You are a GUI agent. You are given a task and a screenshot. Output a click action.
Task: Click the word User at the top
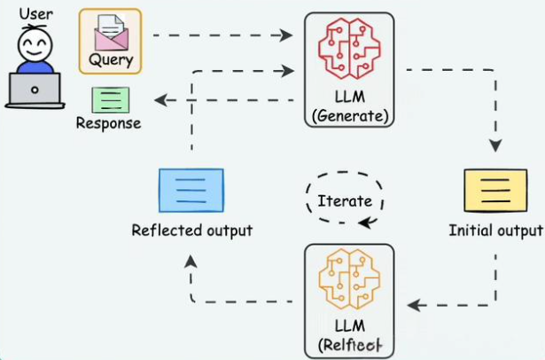pyautogui.click(x=35, y=13)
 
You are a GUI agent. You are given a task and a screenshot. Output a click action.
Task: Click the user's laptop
pyautogui.click(x=35, y=90)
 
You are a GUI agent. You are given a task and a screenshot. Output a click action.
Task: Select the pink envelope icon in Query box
pyautogui.click(x=110, y=35)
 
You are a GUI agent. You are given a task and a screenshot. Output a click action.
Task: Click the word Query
pyautogui.click(x=110, y=60)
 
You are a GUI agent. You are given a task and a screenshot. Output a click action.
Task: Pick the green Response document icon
pyautogui.click(x=109, y=98)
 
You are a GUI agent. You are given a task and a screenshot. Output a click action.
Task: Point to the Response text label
pyautogui.click(x=109, y=123)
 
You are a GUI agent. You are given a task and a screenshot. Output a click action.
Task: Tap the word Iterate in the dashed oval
pyautogui.click(x=344, y=200)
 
